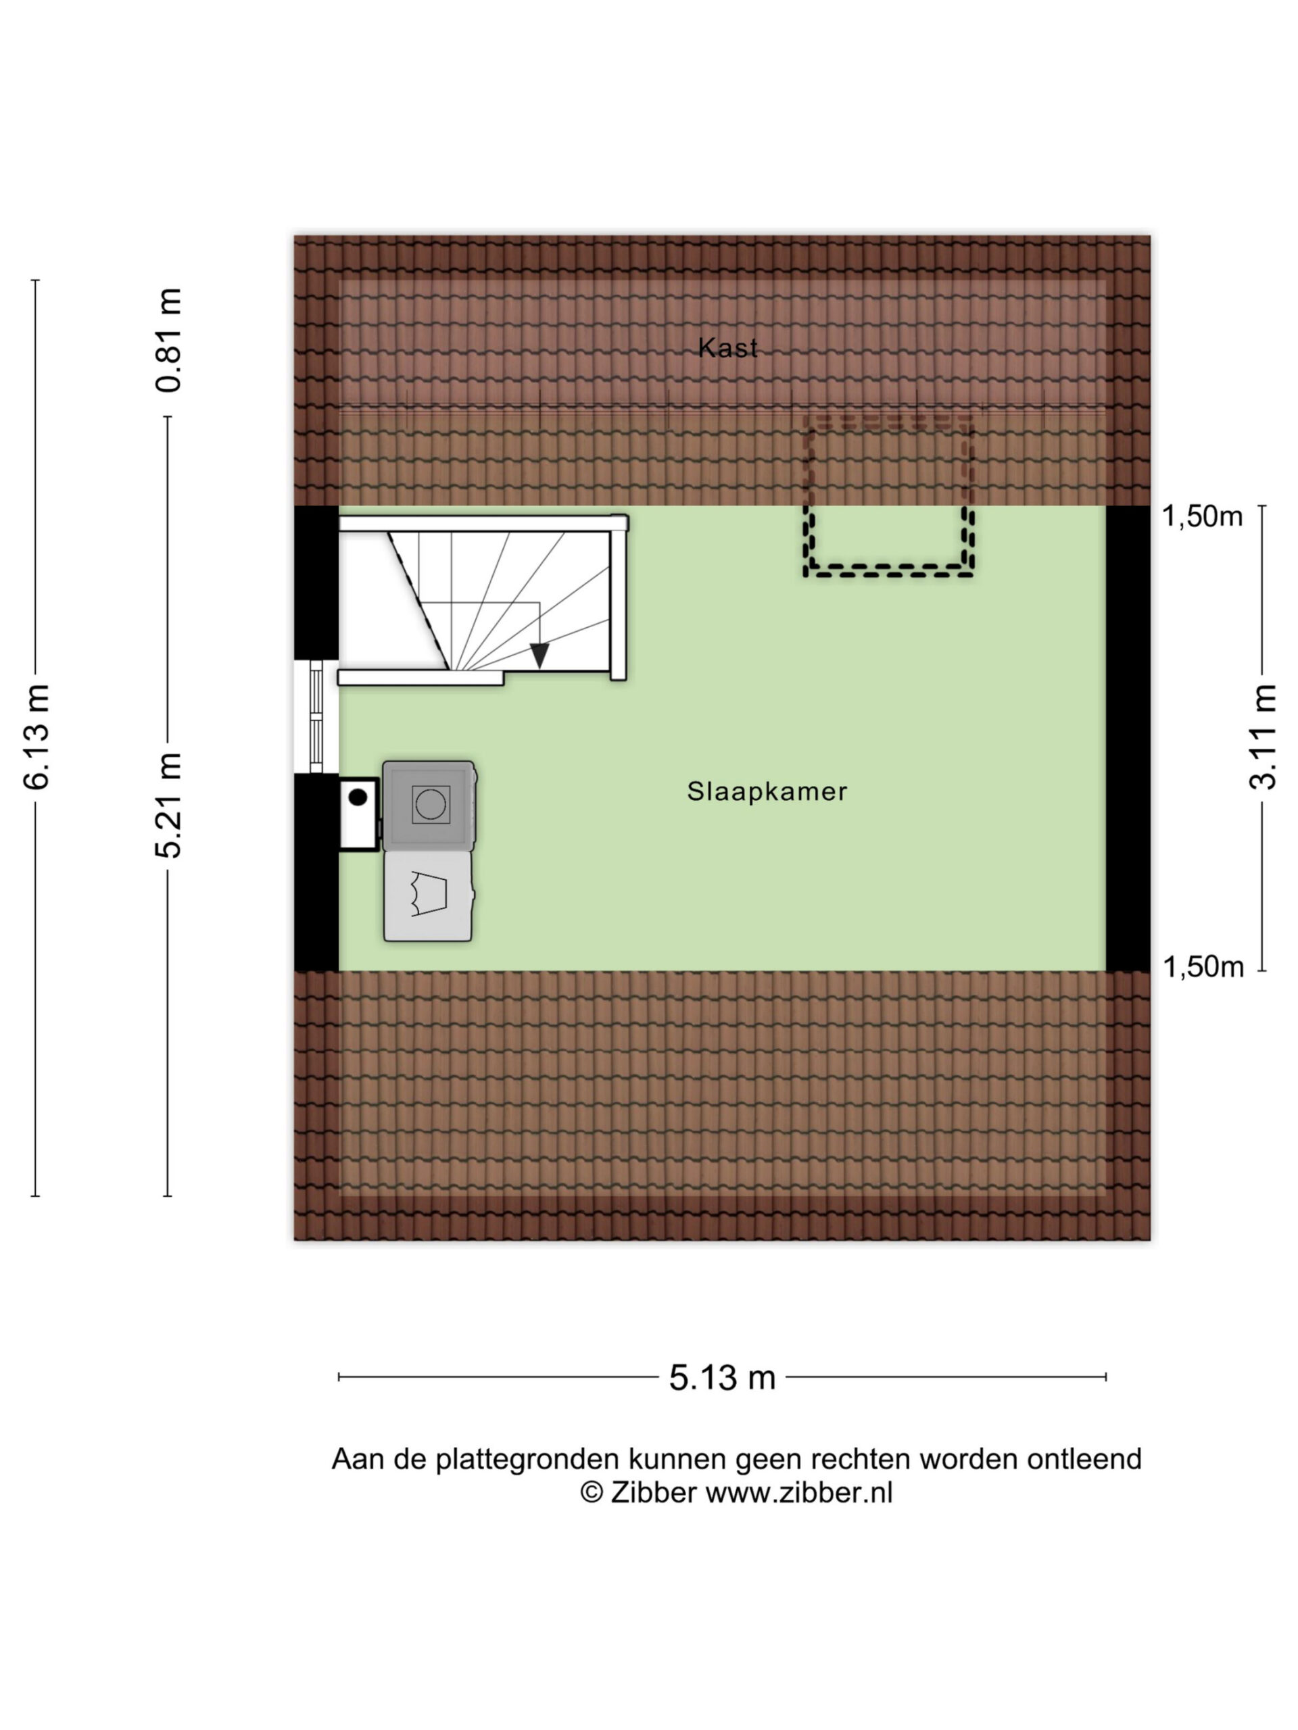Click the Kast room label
click(727, 347)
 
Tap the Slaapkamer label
click(767, 791)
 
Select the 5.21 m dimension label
click(169, 805)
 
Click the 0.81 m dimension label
click(169, 339)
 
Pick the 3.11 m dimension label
click(1263, 737)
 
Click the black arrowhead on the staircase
click(539, 656)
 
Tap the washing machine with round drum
click(429, 805)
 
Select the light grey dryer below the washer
click(429, 895)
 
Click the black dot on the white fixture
click(358, 797)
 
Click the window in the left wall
click(316, 716)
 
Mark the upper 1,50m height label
click(1202, 516)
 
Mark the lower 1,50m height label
click(1203, 968)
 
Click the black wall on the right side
click(1128, 739)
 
